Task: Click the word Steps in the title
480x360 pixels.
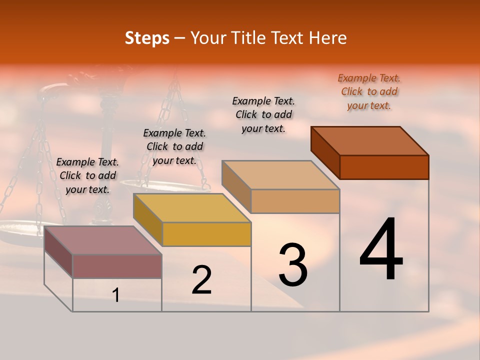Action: pos(147,38)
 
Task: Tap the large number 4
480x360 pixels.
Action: pos(381,250)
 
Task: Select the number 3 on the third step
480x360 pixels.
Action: pos(292,265)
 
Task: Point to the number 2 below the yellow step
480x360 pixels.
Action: pos(201,280)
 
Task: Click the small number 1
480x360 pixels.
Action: pos(116,295)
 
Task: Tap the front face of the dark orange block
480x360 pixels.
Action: pos(384,167)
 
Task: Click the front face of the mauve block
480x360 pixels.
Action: pos(117,266)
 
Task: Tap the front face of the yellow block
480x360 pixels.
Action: pos(206,234)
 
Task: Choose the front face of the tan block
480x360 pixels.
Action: pos(295,201)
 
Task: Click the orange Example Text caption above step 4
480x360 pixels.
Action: pos(369,91)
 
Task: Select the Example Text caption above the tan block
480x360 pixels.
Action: pos(263,114)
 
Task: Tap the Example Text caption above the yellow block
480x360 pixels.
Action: pos(174,146)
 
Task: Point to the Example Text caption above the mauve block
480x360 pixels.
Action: pos(87,175)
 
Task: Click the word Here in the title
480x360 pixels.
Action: pos(328,38)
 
